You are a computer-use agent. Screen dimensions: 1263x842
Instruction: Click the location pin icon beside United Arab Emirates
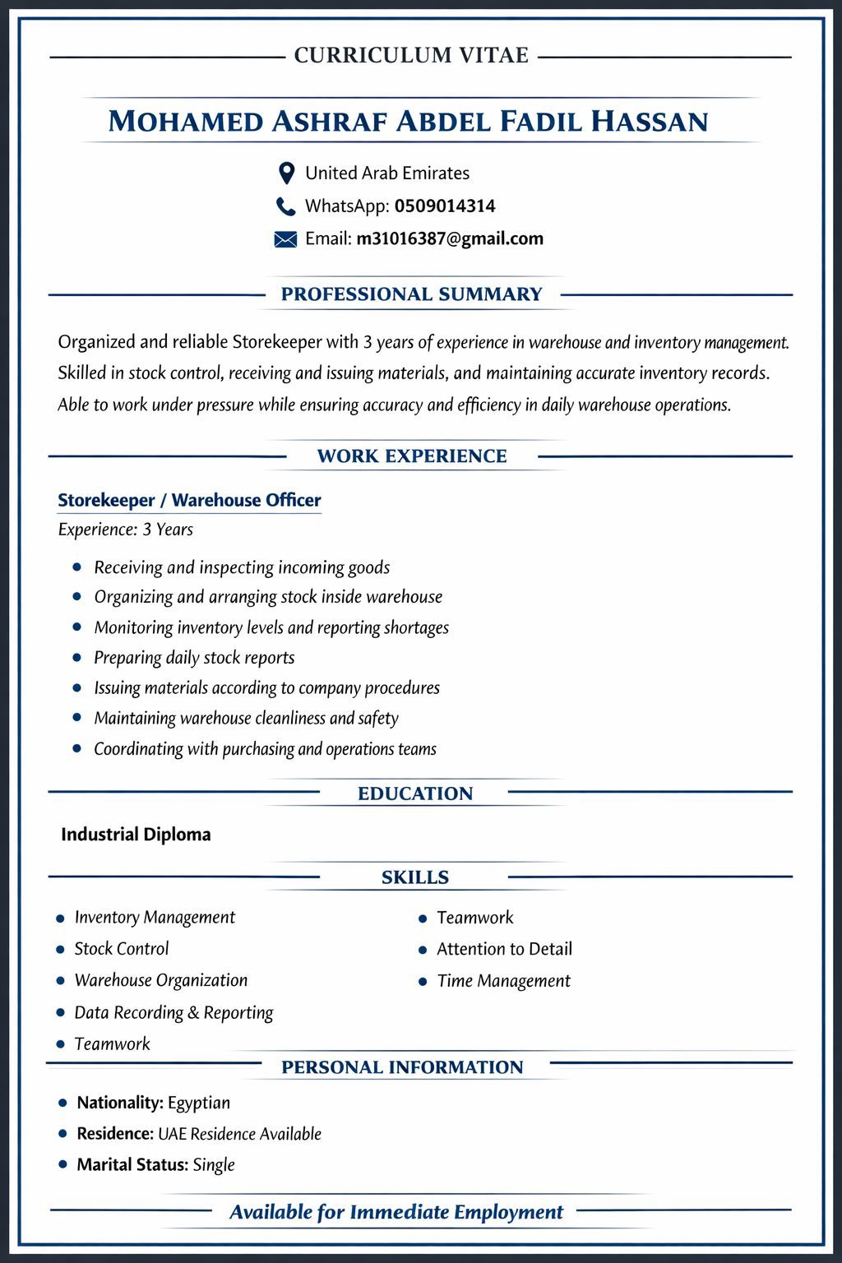coord(286,173)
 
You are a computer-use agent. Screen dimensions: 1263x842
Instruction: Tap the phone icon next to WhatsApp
coord(285,206)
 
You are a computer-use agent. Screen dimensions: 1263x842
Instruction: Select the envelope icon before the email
coord(285,239)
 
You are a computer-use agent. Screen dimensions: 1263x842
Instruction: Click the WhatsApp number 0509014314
coord(445,206)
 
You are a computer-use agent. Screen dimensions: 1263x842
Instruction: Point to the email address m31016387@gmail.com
coord(450,239)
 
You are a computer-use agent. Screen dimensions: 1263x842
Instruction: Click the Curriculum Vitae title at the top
coord(411,56)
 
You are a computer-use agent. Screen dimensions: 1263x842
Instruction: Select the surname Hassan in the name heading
coord(650,122)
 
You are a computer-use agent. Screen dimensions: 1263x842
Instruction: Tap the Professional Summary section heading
coord(412,294)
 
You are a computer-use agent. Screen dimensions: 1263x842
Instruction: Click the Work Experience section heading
coord(412,456)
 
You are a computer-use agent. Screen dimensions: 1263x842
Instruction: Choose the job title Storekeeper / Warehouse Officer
coord(189,500)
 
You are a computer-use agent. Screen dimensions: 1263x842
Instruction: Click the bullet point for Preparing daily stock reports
coord(77,658)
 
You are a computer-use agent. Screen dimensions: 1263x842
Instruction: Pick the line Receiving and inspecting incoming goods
coord(242,567)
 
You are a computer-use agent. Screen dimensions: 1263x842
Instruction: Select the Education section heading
coord(415,793)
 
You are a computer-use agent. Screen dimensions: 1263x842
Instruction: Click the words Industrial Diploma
coord(136,835)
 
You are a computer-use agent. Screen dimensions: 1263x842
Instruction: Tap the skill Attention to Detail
coord(504,949)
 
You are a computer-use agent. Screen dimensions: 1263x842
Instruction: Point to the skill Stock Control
coord(122,949)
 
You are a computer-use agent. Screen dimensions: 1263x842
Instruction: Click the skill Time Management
coord(503,981)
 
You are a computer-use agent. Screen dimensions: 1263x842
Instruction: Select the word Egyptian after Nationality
coord(199,1103)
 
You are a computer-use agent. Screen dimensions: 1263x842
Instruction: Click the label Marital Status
coord(132,1164)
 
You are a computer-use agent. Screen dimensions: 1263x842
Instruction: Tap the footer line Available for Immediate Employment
coord(396,1212)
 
